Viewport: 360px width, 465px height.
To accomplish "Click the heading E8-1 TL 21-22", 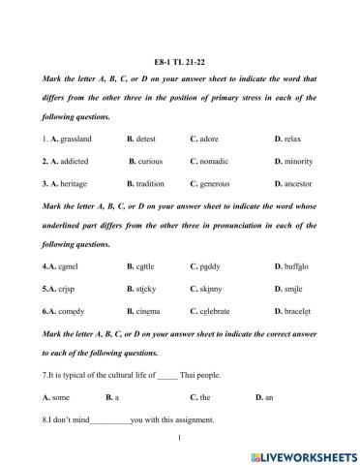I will tap(179, 58).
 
